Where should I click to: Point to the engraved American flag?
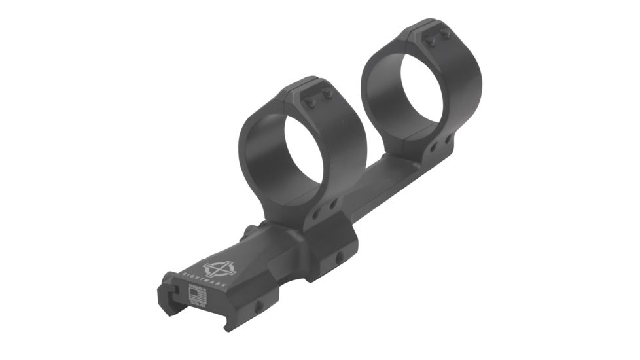pos(196,297)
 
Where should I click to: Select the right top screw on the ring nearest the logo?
pos(327,95)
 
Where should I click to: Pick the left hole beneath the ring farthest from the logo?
pos(434,147)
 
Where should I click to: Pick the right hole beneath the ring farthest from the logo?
pos(448,139)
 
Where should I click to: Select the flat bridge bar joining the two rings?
pos(380,190)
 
